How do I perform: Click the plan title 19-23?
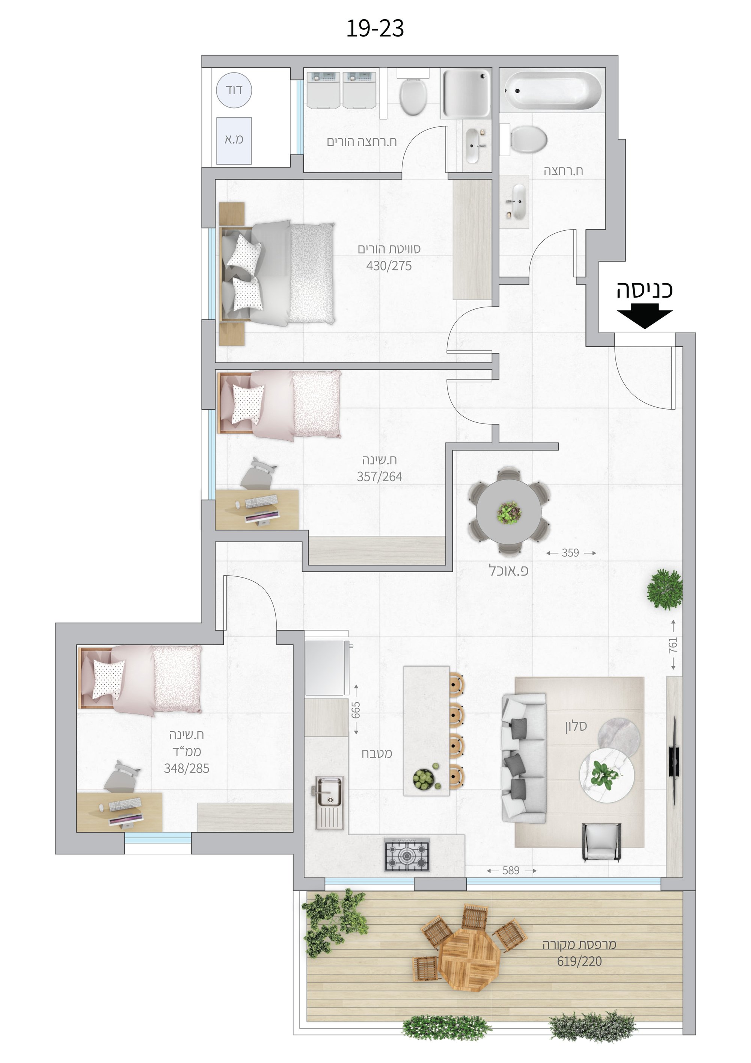click(x=375, y=29)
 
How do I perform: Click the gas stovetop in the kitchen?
click(x=407, y=854)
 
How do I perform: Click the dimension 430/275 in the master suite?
click(x=389, y=266)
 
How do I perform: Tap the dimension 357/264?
click(x=379, y=476)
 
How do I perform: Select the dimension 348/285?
click(x=187, y=768)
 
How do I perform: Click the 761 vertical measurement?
click(x=673, y=645)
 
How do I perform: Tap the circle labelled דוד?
click(x=234, y=90)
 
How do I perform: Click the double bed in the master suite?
click(x=277, y=273)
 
